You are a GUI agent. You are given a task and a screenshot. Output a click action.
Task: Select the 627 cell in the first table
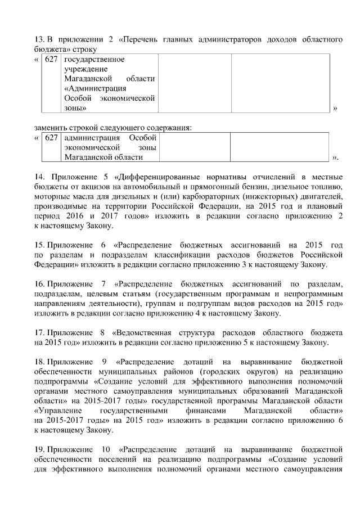(51, 59)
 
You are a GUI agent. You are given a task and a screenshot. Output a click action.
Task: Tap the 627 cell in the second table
(51, 138)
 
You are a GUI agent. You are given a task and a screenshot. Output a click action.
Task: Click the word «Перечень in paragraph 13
(138, 39)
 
